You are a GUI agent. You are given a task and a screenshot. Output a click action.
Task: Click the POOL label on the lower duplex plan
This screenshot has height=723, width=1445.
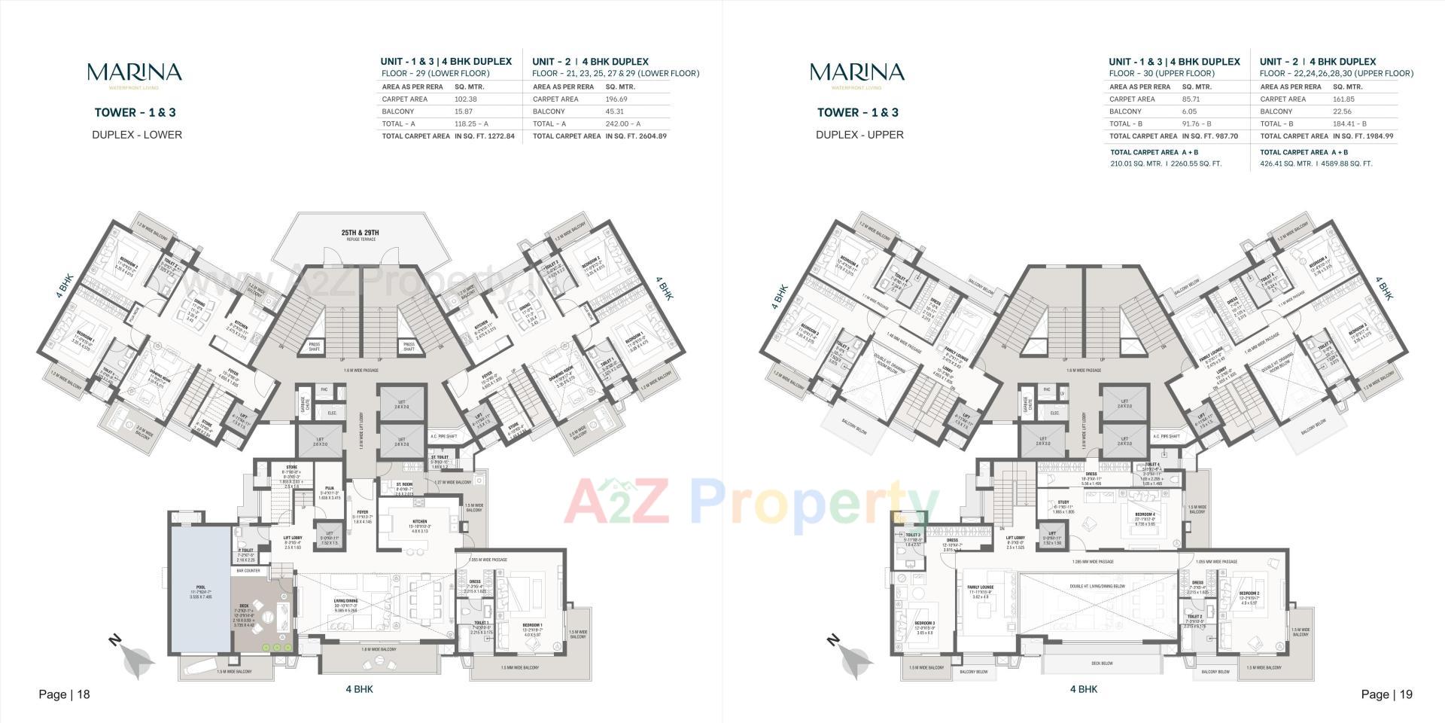click(x=200, y=587)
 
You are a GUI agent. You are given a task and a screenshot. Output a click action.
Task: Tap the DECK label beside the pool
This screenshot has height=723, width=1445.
click(x=245, y=605)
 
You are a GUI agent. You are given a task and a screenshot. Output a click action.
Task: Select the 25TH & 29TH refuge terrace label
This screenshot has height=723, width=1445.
click(x=359, y=233)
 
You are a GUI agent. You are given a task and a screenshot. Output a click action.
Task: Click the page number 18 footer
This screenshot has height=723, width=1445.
click(x=65, y=694)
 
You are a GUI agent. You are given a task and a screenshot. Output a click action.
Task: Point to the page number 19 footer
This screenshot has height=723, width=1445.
click(x=1386, y=694)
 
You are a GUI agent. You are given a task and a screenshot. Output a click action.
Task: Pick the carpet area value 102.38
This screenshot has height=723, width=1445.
click(x=465, y=99)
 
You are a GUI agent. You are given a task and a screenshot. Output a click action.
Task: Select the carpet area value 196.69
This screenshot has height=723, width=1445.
click(x=617, y=99)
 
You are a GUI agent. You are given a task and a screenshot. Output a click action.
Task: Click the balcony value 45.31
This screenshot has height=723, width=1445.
click(x=616, y=111)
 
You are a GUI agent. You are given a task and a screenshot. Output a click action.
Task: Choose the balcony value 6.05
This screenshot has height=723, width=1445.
click(x=1190, y=111)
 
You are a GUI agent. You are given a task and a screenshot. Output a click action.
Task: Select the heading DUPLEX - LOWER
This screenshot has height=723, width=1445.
click(x=137, y=135)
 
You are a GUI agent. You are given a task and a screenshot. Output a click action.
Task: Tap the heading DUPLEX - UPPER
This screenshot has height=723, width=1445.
click(x=859, y=135)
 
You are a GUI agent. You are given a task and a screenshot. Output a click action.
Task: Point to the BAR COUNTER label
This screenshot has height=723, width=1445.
click(x=248, y=571)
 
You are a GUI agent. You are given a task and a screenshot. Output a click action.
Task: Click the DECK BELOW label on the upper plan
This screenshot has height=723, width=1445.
click(x=1101, y=664)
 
